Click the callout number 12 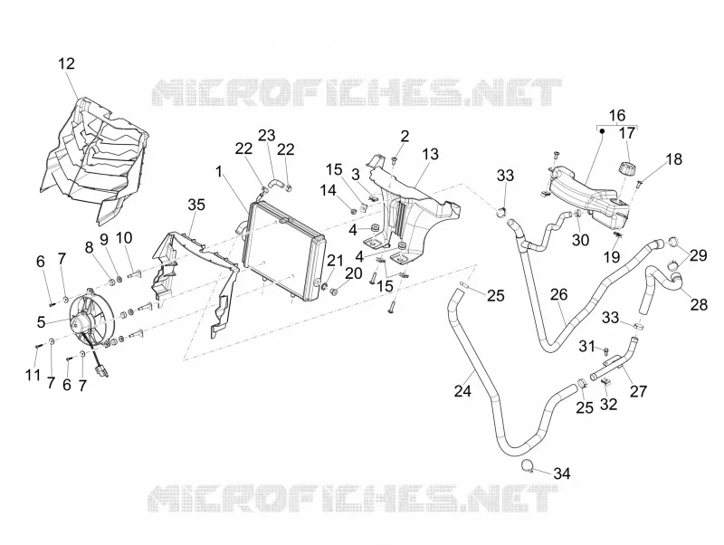(x=66, y=63)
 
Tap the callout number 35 (x=196, y=205)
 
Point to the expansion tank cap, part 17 (x=626, y=167)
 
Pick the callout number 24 (x=462, y=391)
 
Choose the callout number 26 (x=558, y=294)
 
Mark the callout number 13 (x=430, y=154)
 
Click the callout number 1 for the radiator (x=219, y=172)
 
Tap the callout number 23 (x=266, y=135)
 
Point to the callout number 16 (x=617, y=115)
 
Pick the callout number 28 (x=699, y=305)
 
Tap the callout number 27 (x=639, y=391)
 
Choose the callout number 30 (x=580, y=240)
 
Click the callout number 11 (x=33, y=375)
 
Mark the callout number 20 (x=354, y=273)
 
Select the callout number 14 (x=329, y=190)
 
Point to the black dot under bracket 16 (x=602, y=130)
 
